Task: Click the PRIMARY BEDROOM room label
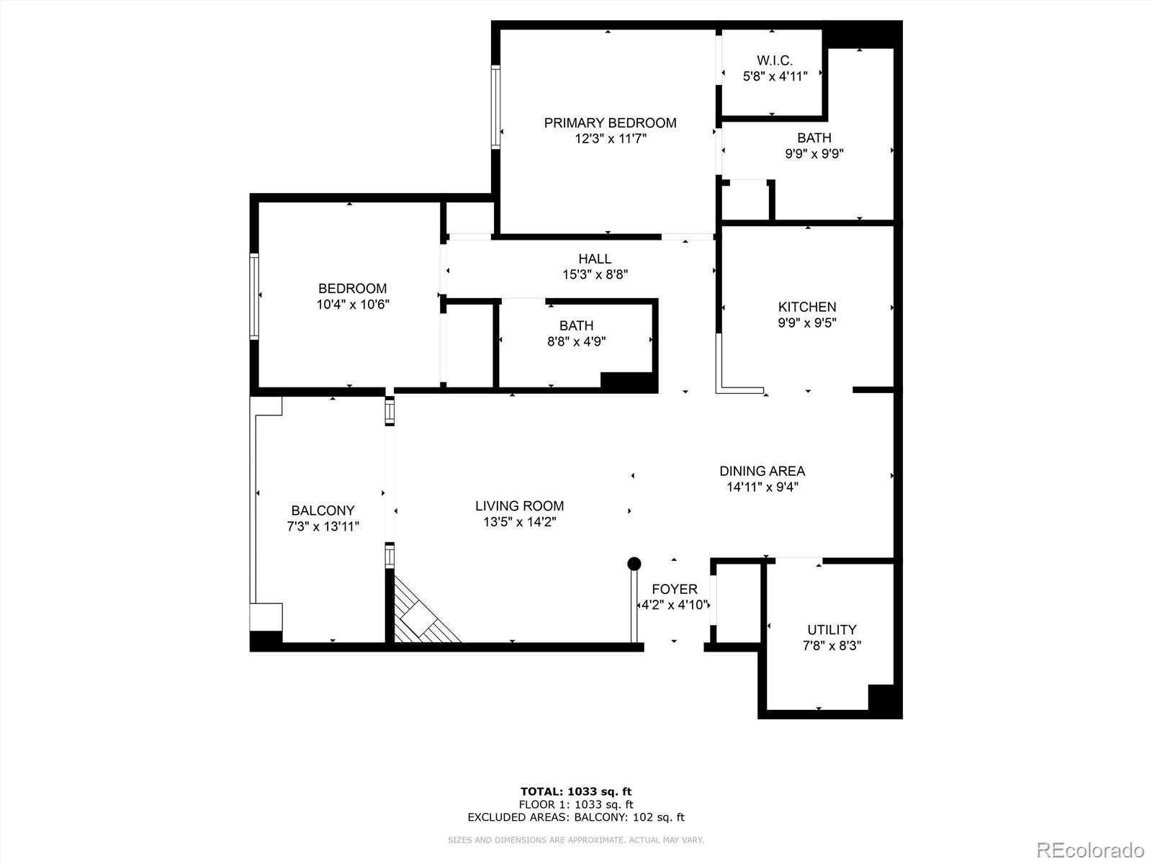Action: [x=610, y=123]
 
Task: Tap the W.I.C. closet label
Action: [x=775, y=60]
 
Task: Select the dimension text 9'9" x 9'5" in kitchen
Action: [x=806, y=323]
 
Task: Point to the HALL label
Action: [x=595, y=258]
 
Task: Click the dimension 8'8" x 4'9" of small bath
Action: [x=576, y=342]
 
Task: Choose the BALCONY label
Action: [x=323, y=510]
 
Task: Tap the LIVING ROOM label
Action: [x=519, y=506]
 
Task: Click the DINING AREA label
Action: [x=762, y=471]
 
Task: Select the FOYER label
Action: [x=674, y=589]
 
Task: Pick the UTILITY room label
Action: [x=832, y=629]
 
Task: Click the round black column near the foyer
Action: [x=634, y=563]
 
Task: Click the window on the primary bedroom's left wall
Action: [x=496, y=107]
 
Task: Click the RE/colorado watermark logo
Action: [x=1090, y=850]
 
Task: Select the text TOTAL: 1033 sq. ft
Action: [x=576, y=792]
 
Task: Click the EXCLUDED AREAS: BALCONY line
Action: [x=576, y=817]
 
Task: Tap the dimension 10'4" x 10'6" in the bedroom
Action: [x=353, y=305]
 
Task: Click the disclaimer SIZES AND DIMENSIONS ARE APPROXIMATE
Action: [x=576, y=840]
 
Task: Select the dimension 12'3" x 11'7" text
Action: [x=610, y=139]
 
